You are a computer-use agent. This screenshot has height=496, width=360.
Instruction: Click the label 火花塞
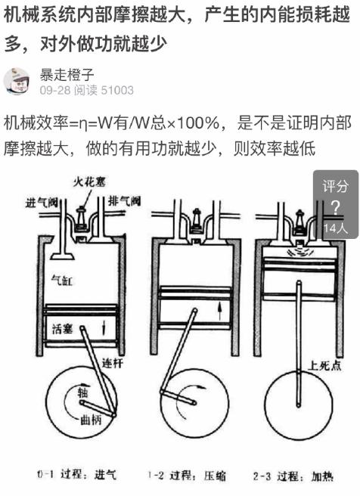pyautogui.click(x=89, y=182)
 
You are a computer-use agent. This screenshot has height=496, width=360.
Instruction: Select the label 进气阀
pyautogui.click(x=42, y=202)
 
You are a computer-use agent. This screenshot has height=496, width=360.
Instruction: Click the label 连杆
pyautogui.click(x=111, y=362)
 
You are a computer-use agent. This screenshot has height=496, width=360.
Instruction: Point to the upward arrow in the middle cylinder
pyautogui.click(x=219, y=308)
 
